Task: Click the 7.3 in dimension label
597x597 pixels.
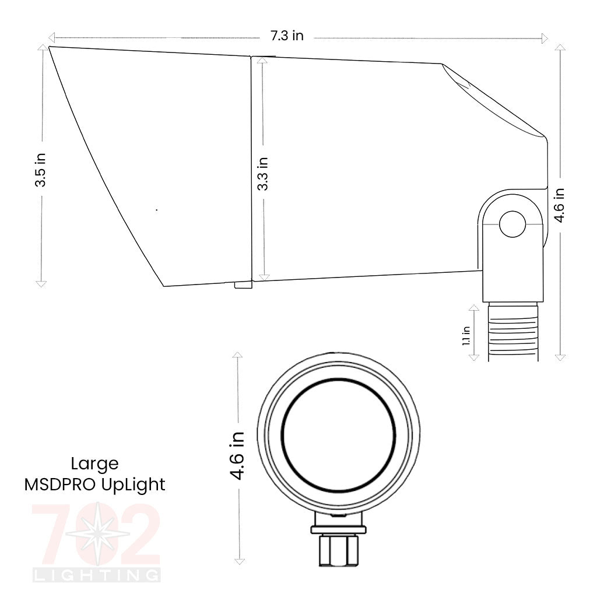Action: [x=286, y=36]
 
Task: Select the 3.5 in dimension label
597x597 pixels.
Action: [x=41, y=170]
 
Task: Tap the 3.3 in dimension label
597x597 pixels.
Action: [x=263, y=173]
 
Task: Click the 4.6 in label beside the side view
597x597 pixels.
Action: [x=559, y=205]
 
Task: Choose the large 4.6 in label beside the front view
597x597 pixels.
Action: [x=237, y=456]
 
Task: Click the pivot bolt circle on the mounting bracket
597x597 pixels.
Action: [x=513, y=224]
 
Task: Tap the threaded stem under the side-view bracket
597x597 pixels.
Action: [x=513, y=331]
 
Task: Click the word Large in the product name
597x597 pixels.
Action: [x=94, y=465]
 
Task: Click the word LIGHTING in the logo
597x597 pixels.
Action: [x=97, y=576]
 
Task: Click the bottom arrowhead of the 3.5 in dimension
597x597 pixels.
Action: [x=41, y=283]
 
